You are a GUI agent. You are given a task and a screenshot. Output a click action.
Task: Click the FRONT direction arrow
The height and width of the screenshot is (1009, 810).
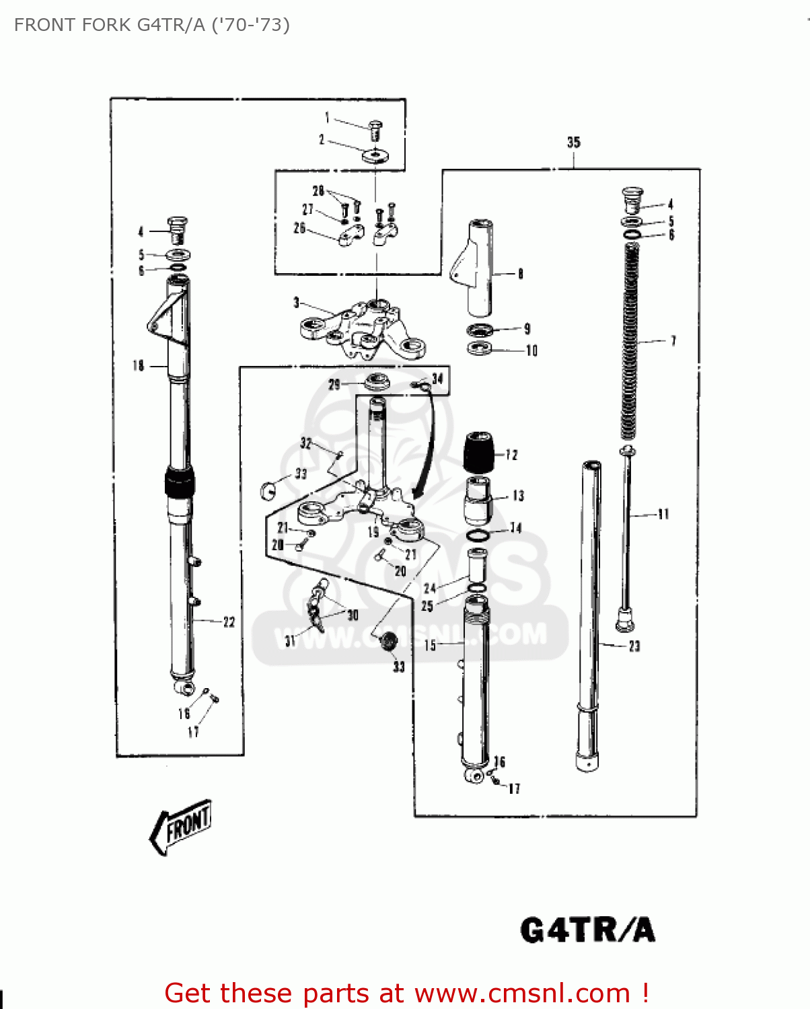(180, 826)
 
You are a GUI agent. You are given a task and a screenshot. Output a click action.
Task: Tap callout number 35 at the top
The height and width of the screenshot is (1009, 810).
(573, 142)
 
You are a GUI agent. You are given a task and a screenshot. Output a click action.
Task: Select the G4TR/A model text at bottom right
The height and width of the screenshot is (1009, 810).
(587, 930)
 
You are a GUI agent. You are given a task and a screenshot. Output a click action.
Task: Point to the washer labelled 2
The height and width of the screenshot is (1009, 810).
(375, 156)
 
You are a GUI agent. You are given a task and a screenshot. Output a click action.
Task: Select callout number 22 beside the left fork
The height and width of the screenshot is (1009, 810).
(229, 622)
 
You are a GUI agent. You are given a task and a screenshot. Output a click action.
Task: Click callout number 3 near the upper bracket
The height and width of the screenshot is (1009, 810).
(296, 303)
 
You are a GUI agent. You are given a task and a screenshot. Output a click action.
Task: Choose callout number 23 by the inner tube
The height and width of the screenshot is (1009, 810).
(634, 646)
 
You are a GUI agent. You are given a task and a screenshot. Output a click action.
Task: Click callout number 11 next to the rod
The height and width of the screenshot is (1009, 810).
(663, 515)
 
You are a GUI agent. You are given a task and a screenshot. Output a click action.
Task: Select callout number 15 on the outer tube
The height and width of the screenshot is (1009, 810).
(430, 646)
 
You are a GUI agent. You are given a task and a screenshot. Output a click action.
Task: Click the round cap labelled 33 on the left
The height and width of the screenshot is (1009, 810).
(267, 490)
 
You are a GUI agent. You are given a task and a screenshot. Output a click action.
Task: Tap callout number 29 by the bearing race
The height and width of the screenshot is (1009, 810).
(334, 385)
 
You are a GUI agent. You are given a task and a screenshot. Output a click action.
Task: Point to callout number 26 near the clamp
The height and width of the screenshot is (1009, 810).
(299, 228)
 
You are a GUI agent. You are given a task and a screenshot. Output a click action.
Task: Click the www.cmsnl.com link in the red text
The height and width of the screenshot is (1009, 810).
(522, 994)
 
